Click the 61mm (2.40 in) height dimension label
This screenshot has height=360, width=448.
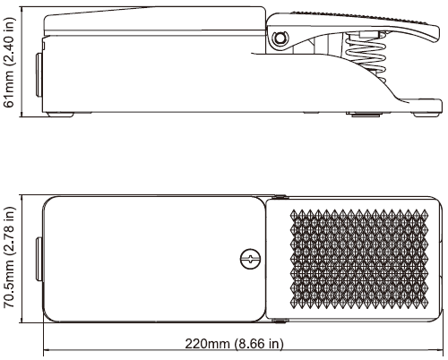(x=8, y=62)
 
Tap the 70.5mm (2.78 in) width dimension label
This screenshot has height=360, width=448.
(x=8, y=257)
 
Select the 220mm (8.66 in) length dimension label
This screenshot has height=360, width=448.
(x=234, y=344)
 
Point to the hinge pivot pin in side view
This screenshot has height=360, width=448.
(x=280, y=39)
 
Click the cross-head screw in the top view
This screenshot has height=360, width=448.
(x=251, y=259)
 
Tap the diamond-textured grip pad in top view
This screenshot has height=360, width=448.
(x=358, y=259)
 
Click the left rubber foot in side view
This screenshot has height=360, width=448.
(x=61, y=115)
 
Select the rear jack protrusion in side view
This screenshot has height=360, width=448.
(x=39, y=75)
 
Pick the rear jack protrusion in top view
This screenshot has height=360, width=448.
(x=39, y=259)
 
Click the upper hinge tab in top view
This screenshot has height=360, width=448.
(x=280, y=197)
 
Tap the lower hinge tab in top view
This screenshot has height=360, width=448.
(x=280, y=321)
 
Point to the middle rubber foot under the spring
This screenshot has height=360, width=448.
(x=366, y=114)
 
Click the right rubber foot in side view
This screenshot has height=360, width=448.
(x=426, y=115)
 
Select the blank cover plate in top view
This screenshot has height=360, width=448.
(x=154, y=259)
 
